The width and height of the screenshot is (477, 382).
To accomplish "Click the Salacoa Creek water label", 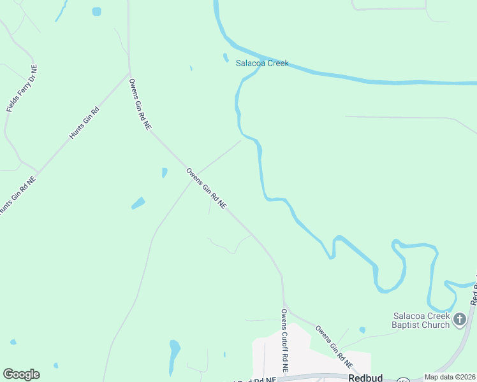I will (262, 63).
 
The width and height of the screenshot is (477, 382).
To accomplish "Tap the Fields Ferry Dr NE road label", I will (22, 88).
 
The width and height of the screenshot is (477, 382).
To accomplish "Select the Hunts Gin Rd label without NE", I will (85, 123).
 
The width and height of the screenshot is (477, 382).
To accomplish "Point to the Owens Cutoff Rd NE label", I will (285, 341).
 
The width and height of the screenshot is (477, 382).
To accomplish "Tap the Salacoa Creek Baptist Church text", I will (421, 321).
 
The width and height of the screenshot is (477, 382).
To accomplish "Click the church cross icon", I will (459, 320).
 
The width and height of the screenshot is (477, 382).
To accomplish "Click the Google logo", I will (21, 374).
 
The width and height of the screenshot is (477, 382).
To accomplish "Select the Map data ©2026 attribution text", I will (450, 377).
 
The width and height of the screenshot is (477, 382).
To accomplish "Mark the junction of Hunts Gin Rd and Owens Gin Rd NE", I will (130, 73).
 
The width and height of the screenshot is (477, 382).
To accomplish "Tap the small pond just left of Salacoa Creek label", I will (226, 57).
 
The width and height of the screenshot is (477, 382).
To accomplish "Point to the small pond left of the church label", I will (362, 330).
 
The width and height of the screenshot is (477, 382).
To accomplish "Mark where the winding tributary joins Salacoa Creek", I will (260, 66).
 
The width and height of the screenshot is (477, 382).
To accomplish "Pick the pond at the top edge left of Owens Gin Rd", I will (96, 11).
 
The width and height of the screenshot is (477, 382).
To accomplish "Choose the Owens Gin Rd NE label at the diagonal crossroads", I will (206, 189).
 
